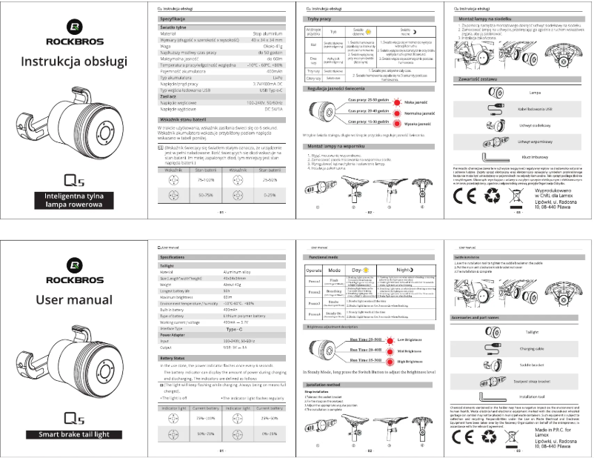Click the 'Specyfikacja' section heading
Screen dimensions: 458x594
click(x=178, y=17)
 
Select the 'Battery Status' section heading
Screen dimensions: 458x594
click(x=177, y=358)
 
